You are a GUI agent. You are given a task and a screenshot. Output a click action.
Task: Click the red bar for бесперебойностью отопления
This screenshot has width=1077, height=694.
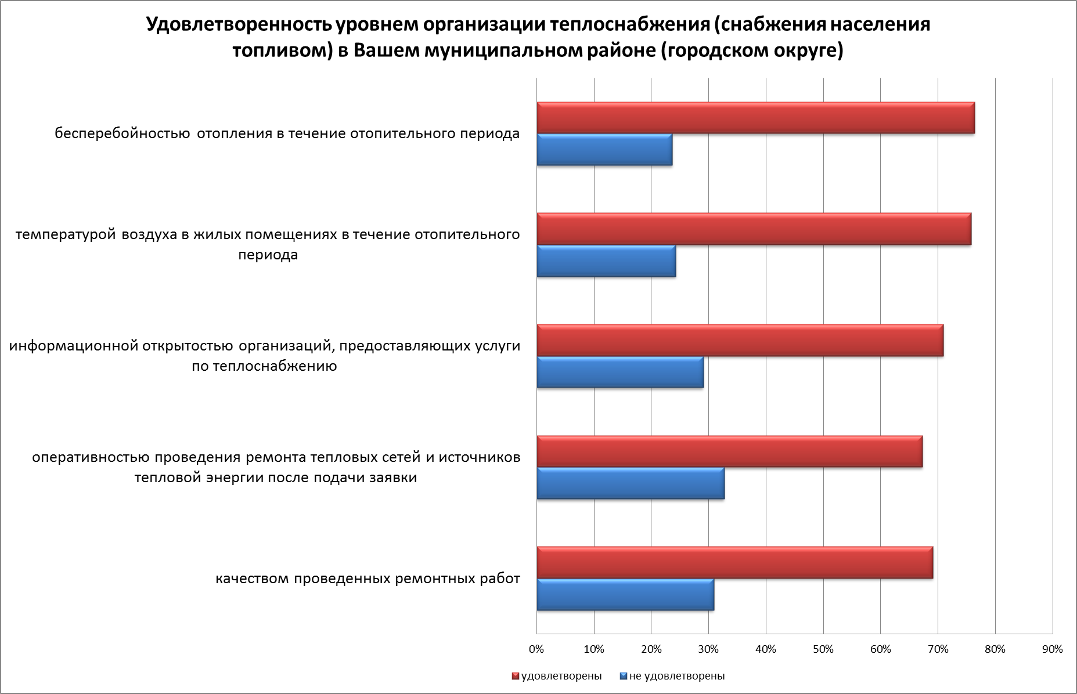pyautogui.click(x=755, y=118)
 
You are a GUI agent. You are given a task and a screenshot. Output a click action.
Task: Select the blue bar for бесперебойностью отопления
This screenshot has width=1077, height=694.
pyautogui.click(x=604, y=150)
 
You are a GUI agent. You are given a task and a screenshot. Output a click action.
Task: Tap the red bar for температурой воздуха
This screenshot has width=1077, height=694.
pyautogui.click(x=754, y=229)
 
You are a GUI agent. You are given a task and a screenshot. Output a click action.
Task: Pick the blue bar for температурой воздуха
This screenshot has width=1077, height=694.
pyautogui.click(x=606, y=261)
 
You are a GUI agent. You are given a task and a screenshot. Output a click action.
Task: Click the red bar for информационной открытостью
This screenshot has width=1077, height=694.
pyautogui.click(x=740, y=341)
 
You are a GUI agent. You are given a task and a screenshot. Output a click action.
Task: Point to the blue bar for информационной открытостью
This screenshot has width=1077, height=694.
pyautogui.click(x=620, y=373)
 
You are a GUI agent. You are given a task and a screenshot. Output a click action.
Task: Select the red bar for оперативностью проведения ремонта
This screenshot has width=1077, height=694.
pyautogui.click(x=729, y=452)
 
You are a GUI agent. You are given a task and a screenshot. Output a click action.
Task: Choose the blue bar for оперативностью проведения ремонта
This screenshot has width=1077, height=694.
pyautogui.click(x=631, y=483)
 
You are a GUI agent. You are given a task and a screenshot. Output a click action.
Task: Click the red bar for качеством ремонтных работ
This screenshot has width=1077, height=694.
pyautogui.click(x=734, y=563)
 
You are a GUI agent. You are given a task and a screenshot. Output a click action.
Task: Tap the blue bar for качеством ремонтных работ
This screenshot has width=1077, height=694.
pyautogui.click(x=625, y=595)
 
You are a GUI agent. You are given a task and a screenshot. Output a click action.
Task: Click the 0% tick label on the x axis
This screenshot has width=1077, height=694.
pyautogui.click(x=536, y=649)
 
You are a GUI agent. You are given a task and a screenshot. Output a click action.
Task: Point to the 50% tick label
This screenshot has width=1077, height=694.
pyautogui.click(x=823, y=649)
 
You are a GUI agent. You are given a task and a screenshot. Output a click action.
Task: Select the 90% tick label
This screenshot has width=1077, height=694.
pyautogui.click(x=1052, y=649)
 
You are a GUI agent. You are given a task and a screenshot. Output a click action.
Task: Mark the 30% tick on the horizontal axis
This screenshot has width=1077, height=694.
pyautogui.click(x=708, y=649)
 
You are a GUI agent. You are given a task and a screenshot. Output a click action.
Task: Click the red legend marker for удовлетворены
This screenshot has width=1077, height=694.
pyautogui.click(x=514, y=676)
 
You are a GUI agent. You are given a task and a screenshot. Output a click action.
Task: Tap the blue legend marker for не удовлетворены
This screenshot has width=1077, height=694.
pyautogui.click(x=624, y=676)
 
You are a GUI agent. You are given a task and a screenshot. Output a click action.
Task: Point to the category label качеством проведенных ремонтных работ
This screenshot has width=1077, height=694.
pyautogui.click(x=368, y=579)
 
